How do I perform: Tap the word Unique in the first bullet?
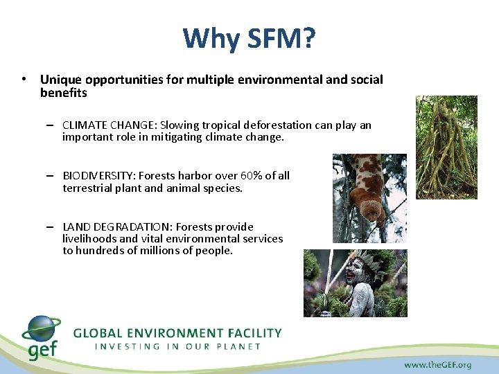pyautogui.click(x=60, y=80)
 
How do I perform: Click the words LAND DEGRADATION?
pyautogui.click(x=117, y=227)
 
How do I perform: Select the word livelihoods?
pyautogui.click(x=89, y=239)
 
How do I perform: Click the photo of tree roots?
pyautogui.click(x=446, y=147)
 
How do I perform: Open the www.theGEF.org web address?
pyautogui.click(x=437, y=364)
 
